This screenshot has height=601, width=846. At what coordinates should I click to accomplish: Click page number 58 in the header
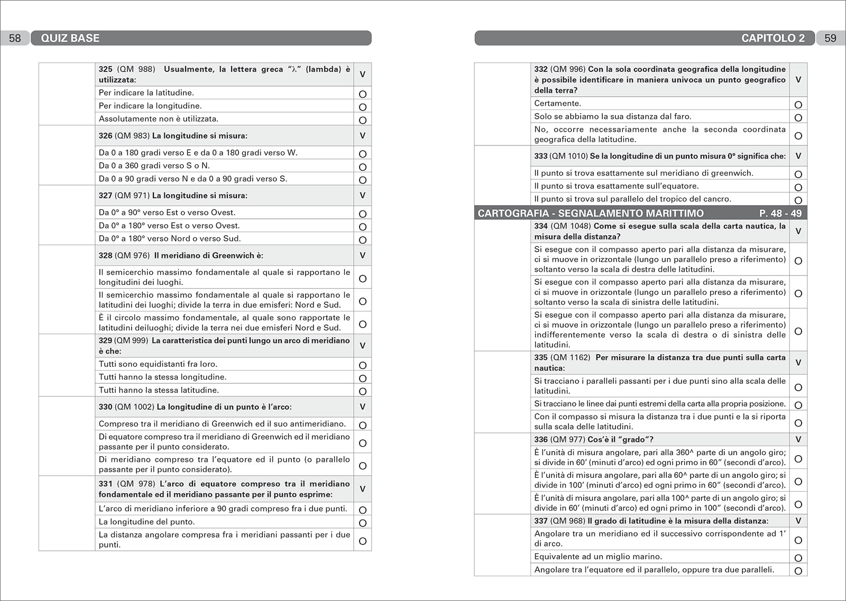pos(15,38)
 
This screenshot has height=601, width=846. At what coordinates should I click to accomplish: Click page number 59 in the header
pos(830,38)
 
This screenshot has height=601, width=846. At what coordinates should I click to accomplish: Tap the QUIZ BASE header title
pos(70,38)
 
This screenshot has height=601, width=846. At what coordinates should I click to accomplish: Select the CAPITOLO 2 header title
pos(773,38)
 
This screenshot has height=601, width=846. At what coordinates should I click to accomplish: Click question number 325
pos(105,69)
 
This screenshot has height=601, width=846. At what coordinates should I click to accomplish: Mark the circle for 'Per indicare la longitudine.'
pos(363,107)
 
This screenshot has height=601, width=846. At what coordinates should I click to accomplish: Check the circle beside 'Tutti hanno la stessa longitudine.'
pos(363,378)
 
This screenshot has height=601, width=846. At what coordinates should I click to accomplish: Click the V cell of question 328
pos(363,255)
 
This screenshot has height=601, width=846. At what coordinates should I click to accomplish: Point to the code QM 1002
pos(134,407)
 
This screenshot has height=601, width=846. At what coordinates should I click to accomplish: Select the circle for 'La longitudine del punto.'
pos(363,523)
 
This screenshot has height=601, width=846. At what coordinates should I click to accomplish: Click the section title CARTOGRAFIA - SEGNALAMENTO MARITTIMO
pos(591,214)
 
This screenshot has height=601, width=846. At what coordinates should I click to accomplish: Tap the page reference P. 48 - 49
pos(780,214)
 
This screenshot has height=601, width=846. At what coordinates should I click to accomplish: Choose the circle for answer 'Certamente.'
pos(798,105)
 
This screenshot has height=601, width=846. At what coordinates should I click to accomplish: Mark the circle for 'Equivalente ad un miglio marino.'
pos(798,558)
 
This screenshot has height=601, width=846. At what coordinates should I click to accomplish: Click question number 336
pos(540,440)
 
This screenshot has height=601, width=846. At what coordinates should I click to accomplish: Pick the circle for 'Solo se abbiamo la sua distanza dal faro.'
pos(798,118)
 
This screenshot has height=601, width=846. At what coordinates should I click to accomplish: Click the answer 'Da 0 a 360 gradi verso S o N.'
pos(154,165)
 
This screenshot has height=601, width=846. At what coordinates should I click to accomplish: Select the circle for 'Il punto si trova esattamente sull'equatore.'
pos(798,188)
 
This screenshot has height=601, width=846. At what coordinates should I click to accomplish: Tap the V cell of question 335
pos(798,363)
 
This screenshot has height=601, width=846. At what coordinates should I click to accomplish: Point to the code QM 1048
pos(571,226)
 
